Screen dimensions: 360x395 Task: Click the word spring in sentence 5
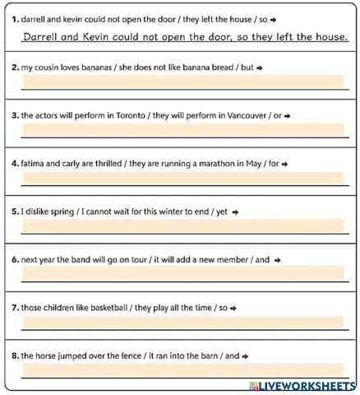(x=58, y=211)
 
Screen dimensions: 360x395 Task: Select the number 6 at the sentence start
(x=15, y=259)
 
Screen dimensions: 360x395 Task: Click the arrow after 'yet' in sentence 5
(x=236, y=211)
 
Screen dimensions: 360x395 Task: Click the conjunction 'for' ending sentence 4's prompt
(x=273, y=163)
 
